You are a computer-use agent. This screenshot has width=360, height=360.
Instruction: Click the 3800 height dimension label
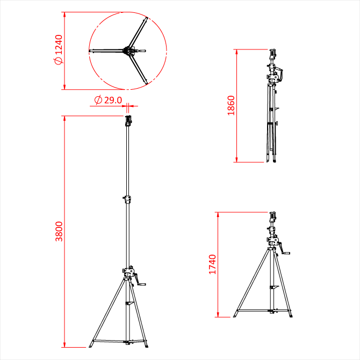click(59, 231)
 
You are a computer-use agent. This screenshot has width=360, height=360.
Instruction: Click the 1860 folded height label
click(231, 105)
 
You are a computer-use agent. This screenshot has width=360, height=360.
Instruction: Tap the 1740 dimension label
click(212, 264)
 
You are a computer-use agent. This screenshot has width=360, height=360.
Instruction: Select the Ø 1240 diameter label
click(59, 49)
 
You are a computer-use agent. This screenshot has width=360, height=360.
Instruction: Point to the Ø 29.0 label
click(108, 100)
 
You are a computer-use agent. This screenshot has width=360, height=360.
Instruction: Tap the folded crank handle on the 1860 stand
click(279, 73)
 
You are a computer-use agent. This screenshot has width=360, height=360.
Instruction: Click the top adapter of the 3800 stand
click(128, 121)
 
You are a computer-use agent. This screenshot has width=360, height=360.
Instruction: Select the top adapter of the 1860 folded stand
click(272, 54)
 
